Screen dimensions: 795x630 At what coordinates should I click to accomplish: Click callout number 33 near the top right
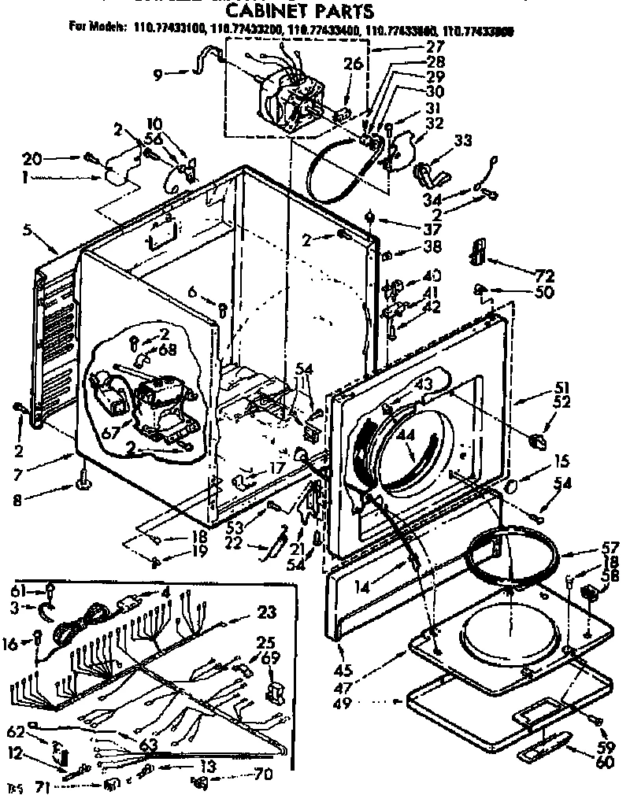463,142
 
